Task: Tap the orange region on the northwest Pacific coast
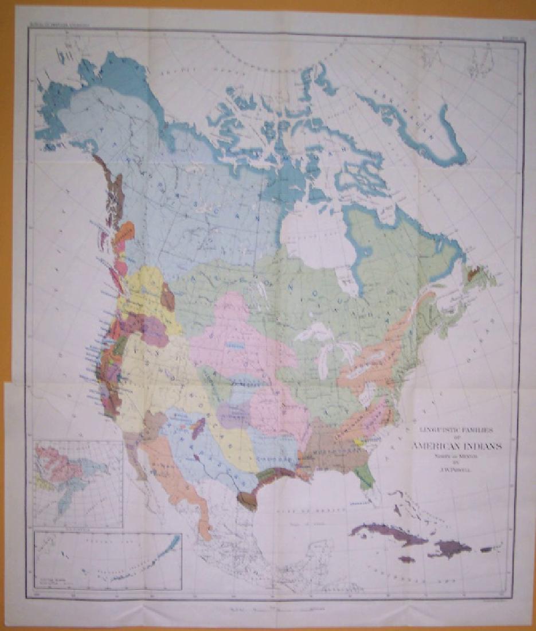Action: [x=124, y=233]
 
